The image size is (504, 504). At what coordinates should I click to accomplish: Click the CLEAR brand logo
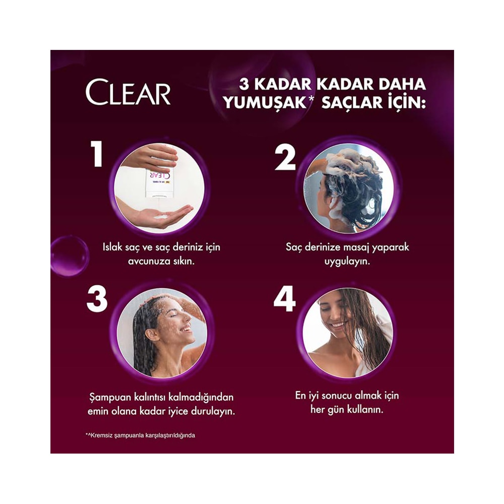click(x=128, y=92)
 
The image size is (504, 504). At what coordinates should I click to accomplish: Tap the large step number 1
click(x=96, y=154)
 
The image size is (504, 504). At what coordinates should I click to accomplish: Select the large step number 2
click(x=285, y=157)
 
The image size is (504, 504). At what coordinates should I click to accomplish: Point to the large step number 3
click(x=97, y=299)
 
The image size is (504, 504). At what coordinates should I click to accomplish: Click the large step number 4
click(x=284, y=298)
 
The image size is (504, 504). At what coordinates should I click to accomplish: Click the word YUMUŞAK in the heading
click(x=265, y=103)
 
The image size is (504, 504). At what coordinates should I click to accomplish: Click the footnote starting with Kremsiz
click(x=140, y=435)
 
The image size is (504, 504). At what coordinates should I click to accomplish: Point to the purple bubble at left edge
click(x=69, y=256)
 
